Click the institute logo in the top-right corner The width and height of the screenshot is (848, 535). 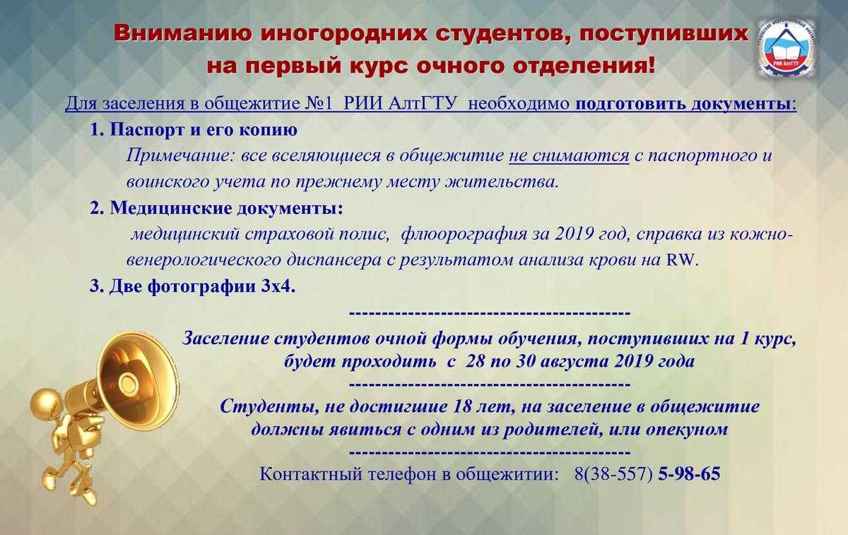tap(787, 50)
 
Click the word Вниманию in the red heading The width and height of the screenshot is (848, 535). tap(183, 33)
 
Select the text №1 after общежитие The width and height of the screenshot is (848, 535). tap(319, 103)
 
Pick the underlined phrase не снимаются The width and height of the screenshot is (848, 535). tap(569, 155)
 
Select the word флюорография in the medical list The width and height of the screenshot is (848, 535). tap(464, 234)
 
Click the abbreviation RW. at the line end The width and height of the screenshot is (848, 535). tap(682, 260)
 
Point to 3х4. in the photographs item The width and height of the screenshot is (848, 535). tap(278, 286)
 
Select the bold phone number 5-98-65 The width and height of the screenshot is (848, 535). tap(689, 474)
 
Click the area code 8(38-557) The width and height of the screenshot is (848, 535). tap(613, 474)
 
